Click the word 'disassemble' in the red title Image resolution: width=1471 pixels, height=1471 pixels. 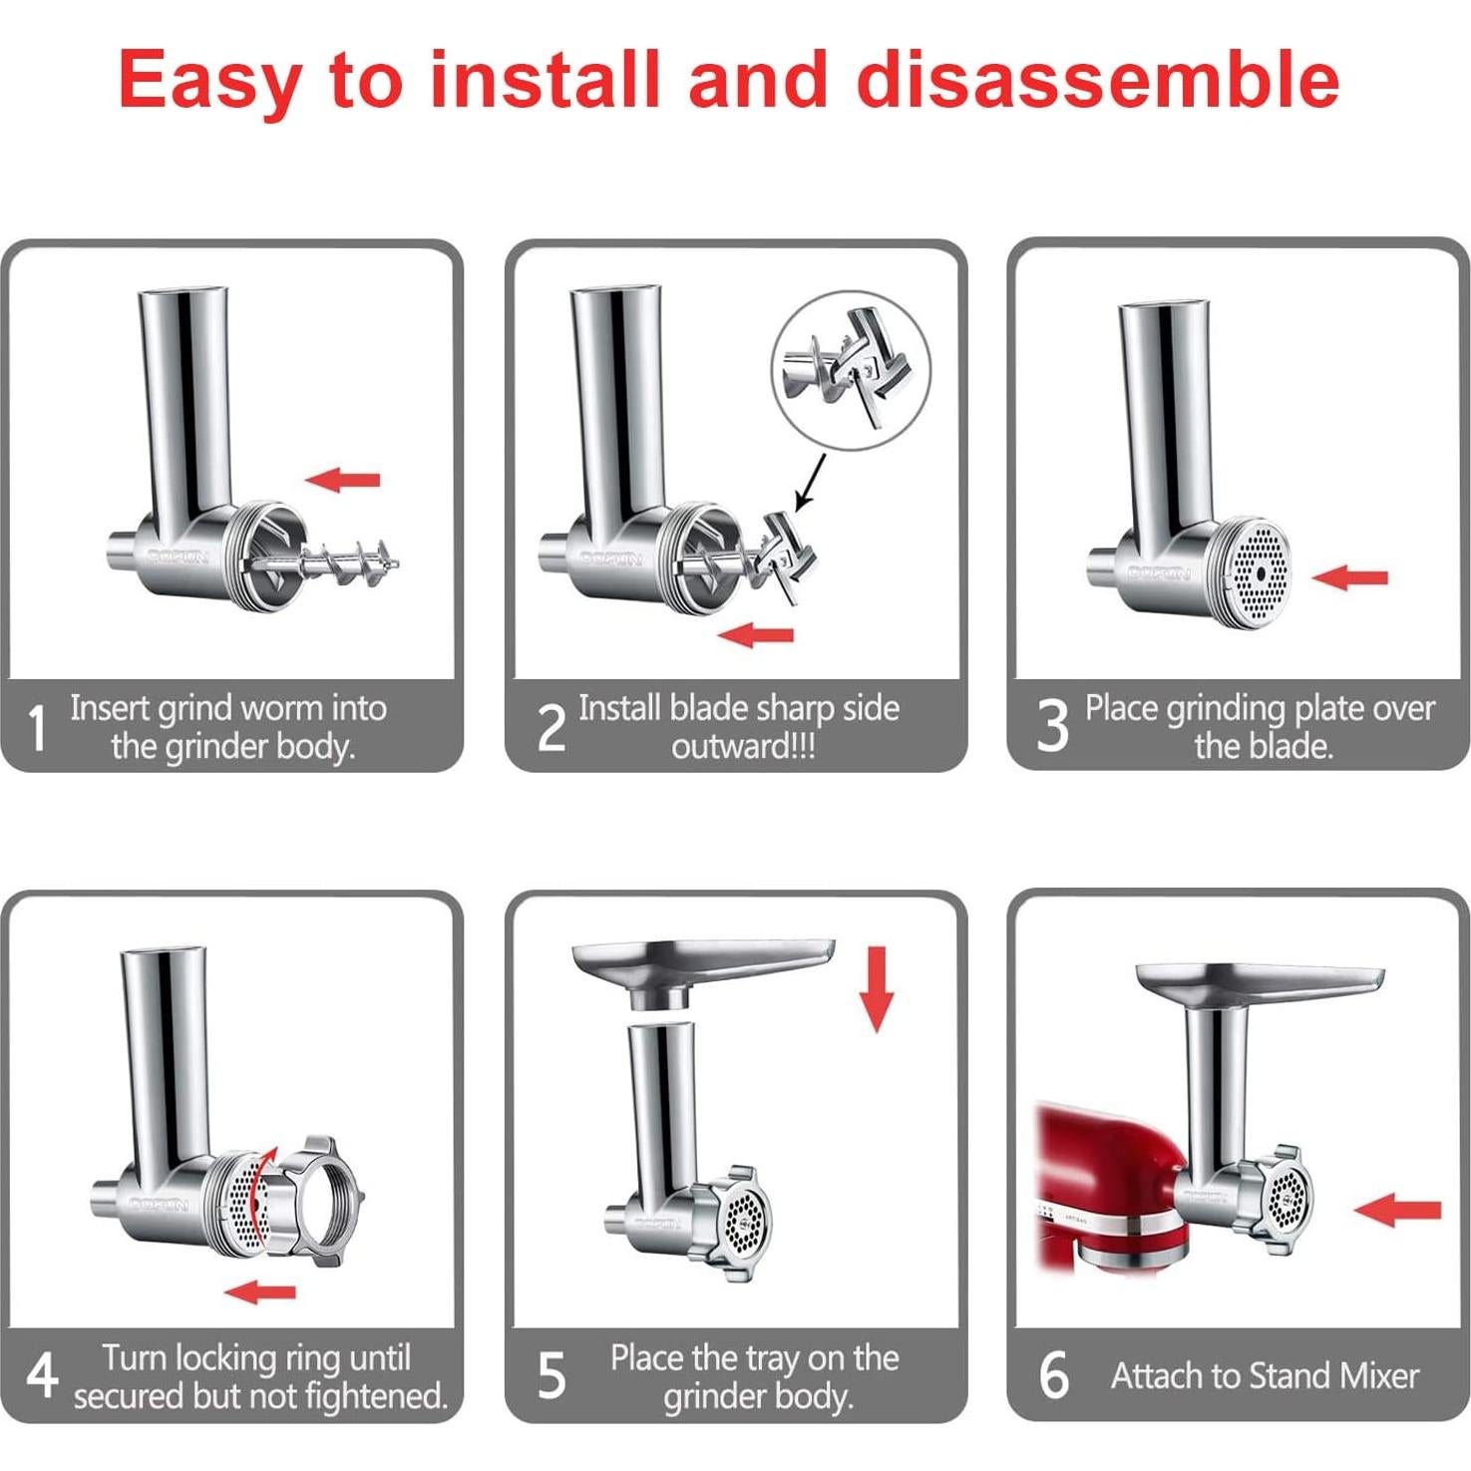pos(1098,80)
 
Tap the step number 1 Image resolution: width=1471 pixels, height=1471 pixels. pos(37,728)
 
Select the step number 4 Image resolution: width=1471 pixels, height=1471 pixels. pos(41,1377)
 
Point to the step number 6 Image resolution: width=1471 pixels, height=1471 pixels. pos(1053,1376)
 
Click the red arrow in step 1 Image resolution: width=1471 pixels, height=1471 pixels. pos(343,480)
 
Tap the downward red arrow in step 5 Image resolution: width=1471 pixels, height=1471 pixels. pos(877,988)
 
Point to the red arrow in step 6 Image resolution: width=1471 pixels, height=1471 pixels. pos(1398,1210)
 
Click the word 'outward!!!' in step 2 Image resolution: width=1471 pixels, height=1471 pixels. pos(743,747)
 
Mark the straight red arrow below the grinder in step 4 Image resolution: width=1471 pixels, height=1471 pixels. pos(260,1292)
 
